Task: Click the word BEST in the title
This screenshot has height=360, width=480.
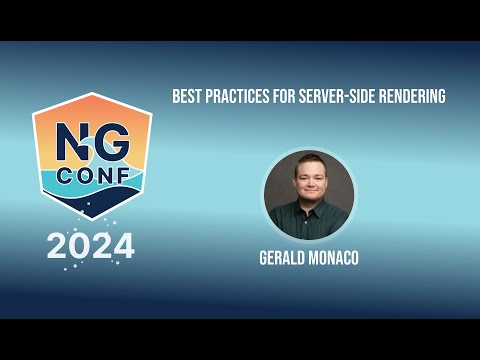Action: click(x=185, y=97)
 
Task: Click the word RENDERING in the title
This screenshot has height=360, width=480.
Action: click(x=410, y=97)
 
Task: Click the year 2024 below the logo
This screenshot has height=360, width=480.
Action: click(x=90, y=245)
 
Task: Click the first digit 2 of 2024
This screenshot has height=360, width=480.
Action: click(x=58, y=245)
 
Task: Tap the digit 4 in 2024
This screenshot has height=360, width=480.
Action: click(x=123, y=245)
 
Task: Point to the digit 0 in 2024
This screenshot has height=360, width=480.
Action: click(x=80, y=245)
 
